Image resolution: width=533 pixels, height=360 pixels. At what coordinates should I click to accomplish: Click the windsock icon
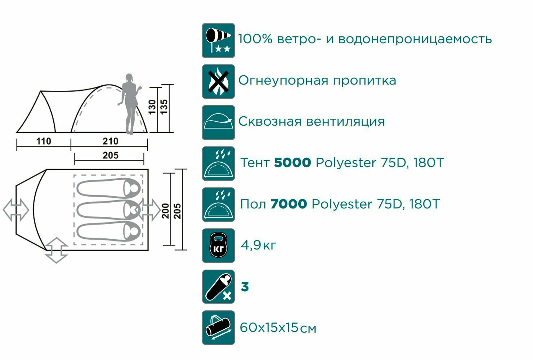click(218, 40)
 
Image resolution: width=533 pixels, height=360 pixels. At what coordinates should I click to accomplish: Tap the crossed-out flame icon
click(218, 81)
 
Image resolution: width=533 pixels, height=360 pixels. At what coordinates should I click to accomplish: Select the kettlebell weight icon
click(218, 246)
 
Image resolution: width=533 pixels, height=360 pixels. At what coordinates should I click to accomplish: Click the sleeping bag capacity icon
click(218, 287)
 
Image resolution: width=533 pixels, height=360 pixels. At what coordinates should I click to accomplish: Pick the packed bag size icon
click(218, 328)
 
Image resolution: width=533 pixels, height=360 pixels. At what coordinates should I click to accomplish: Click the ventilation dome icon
click(218, 122)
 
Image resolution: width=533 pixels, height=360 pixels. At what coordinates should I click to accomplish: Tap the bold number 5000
click(292, 163)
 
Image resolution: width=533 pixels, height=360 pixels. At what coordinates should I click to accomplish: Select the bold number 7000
click(288, 204)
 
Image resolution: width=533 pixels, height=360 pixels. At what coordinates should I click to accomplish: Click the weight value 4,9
click(251, 246)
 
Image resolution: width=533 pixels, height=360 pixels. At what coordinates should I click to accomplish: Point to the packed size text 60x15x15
click(269, 328)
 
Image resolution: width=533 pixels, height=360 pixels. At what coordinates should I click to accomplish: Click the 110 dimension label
click(44, 141)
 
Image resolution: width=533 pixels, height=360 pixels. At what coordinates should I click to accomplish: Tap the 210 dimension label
click(110, 141)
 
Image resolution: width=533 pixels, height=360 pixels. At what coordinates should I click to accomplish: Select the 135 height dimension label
click(164, 107)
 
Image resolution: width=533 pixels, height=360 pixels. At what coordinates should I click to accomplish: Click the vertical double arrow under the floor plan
click(57, 250)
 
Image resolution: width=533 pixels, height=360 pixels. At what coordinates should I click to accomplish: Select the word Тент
click(255, 163)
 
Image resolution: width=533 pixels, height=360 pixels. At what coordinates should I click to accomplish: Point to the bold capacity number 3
click(245, 287)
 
